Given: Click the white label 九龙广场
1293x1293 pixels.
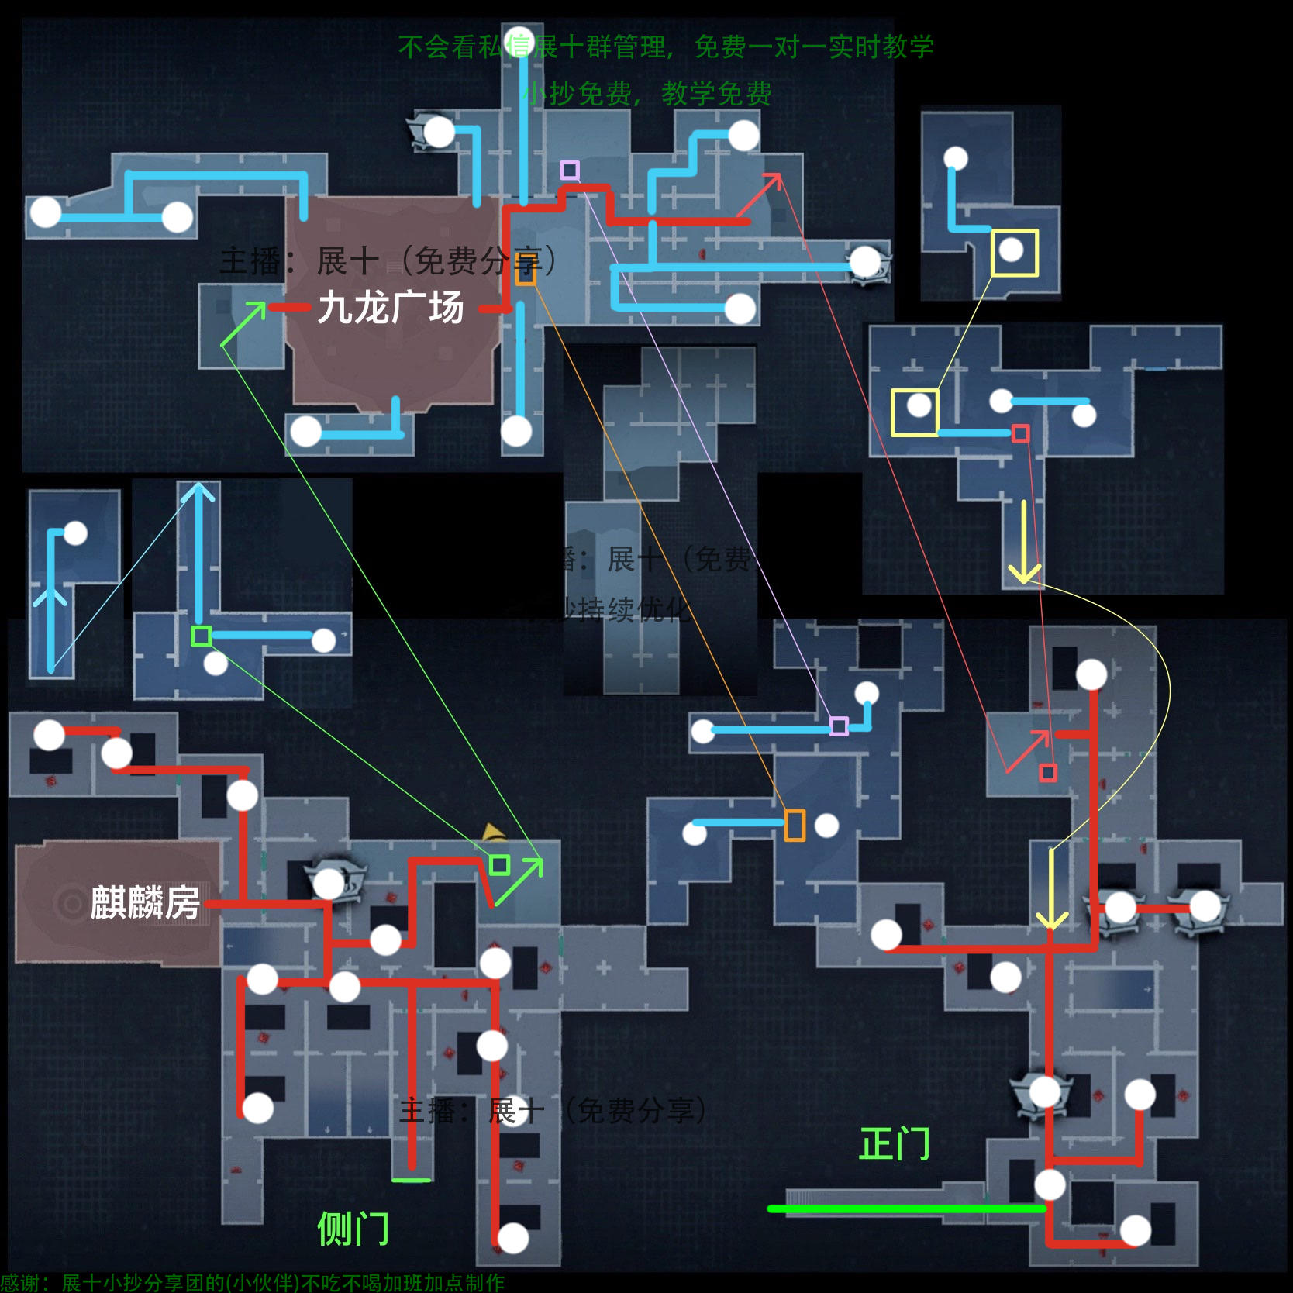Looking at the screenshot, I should pos(391,308).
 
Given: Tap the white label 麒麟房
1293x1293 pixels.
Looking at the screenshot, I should pos(145,902).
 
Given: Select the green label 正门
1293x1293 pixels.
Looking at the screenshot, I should pos(895,1144).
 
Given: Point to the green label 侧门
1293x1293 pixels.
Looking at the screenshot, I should pos(353,1229).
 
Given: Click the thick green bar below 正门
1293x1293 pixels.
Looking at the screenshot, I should pos(905,1209).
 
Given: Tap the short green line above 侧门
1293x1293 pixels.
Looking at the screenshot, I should pos(411,1181).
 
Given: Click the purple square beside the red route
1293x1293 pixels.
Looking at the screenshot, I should pos(570,170).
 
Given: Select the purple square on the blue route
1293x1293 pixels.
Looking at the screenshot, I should pos(839,726).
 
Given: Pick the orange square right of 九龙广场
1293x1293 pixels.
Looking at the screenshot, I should pos(526,271).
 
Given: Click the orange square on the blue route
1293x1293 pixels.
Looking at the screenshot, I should pos(795,825).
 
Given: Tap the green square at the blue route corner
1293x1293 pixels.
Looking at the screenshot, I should pos(202,636).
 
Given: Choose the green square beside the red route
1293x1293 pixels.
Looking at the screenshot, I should pos(500,865).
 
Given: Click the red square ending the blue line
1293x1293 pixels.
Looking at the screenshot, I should pos(1021,433).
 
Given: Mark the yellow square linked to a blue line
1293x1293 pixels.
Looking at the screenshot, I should pos(915,412).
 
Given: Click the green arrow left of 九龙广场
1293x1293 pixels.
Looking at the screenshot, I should pos(244,323).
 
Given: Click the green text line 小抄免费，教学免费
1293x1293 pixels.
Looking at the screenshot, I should pos(647,94).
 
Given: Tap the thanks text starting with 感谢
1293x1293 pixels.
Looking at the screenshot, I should pos(252,1283).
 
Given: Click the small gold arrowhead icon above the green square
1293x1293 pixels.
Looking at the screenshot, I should pos(493,833).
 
